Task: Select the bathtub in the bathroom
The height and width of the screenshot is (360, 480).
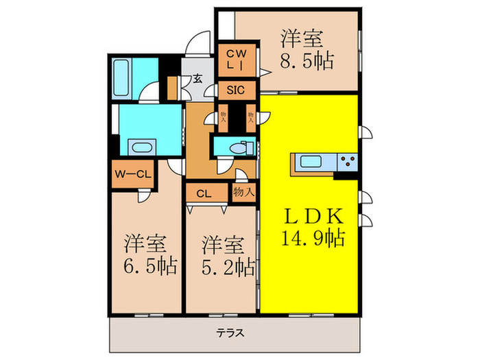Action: [130, 71]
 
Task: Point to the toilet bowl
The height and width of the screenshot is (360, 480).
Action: [237, 147]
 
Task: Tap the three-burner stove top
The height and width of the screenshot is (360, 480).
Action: [348, 163]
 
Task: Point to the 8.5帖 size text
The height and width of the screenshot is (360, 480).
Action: [305, 60]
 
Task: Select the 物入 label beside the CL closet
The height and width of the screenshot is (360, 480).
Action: [243, 192]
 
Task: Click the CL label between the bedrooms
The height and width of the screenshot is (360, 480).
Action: [204, 193]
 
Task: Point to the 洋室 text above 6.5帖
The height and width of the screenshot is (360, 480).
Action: [145, 243]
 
